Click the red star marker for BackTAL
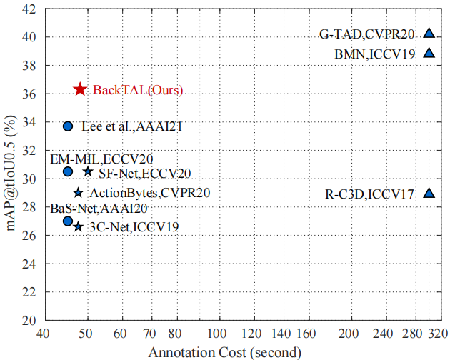80,89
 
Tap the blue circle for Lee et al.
68,126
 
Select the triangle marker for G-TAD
429,32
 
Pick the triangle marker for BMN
429,52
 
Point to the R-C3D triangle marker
429,192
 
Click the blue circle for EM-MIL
68,171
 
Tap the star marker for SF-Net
88,171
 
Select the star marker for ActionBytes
78,193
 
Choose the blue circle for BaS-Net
68,221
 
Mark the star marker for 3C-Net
78,226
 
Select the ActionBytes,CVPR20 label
150,193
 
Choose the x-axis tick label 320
439,334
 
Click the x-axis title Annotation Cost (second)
224,351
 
